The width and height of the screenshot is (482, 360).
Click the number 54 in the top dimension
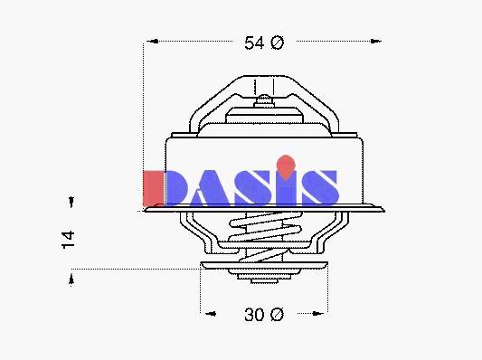tap(254, 43)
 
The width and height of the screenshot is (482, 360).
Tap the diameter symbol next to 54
tap(278, 43)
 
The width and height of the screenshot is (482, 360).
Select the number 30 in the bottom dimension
tap(254, 315)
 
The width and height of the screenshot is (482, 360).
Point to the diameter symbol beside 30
tap(278, 315)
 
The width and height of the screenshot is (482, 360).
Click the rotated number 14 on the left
tap(68, 240)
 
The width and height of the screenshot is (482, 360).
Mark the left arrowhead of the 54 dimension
tap(153, 41)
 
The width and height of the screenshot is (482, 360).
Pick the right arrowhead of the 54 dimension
tap(375, 41)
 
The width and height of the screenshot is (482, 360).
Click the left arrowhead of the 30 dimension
tap(211, 314)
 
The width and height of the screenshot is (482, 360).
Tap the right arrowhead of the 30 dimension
tap(317, 314)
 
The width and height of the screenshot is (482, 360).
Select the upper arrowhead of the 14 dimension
tap(71, 202)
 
